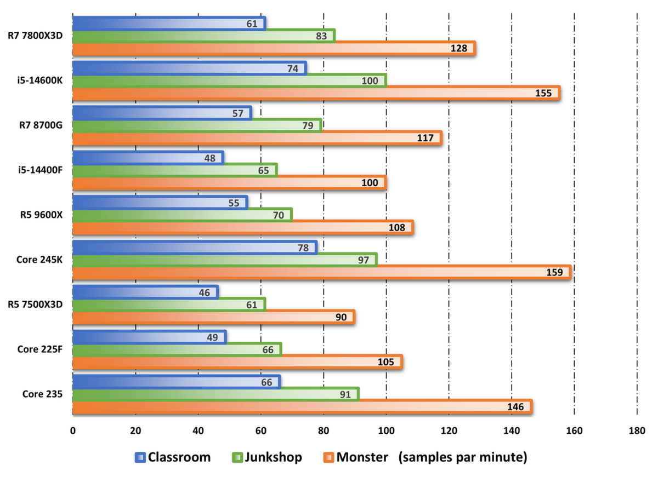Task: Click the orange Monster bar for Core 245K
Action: click(x=321, y=272)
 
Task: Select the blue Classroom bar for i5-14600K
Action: click(x=189, y=68)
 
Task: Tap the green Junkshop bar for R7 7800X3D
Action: click(x=203, y=36)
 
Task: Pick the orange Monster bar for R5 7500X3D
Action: click(x=213, y=317)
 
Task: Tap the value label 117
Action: click(x=425, y=138)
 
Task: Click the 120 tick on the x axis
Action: click(x=449, y=430)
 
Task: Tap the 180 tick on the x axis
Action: click(x=637, y=430)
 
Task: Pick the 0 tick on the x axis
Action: click(x=73, y=430)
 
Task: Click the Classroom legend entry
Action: click(x=172, y=457)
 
